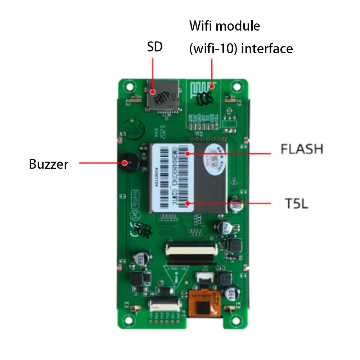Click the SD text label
click(x=155, y=47)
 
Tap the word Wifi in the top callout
click(x=203, y=26)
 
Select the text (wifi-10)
click(x=213, y=49)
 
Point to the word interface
click(x=267, y=49)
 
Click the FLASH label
click(x=302, y=149)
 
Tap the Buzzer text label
click(x=49, y=164)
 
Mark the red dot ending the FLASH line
click(x=187, y=154)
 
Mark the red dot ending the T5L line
click(x=187, y=203)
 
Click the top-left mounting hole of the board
click(x=128, y=87)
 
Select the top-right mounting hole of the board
click(x=236, y=87)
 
